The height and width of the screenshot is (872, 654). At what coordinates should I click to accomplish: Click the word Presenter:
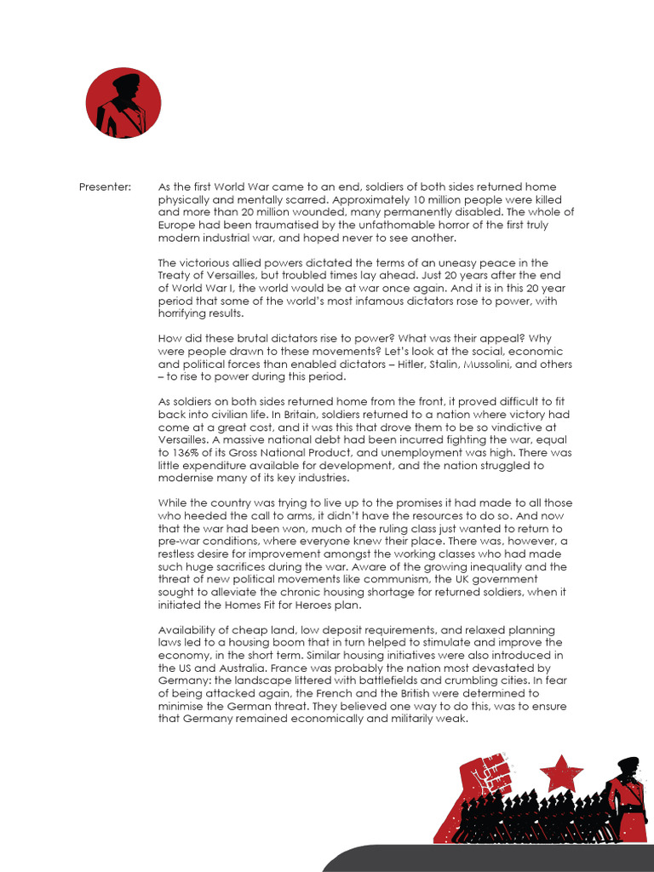105,187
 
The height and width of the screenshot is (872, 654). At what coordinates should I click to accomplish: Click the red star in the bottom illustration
561,773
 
